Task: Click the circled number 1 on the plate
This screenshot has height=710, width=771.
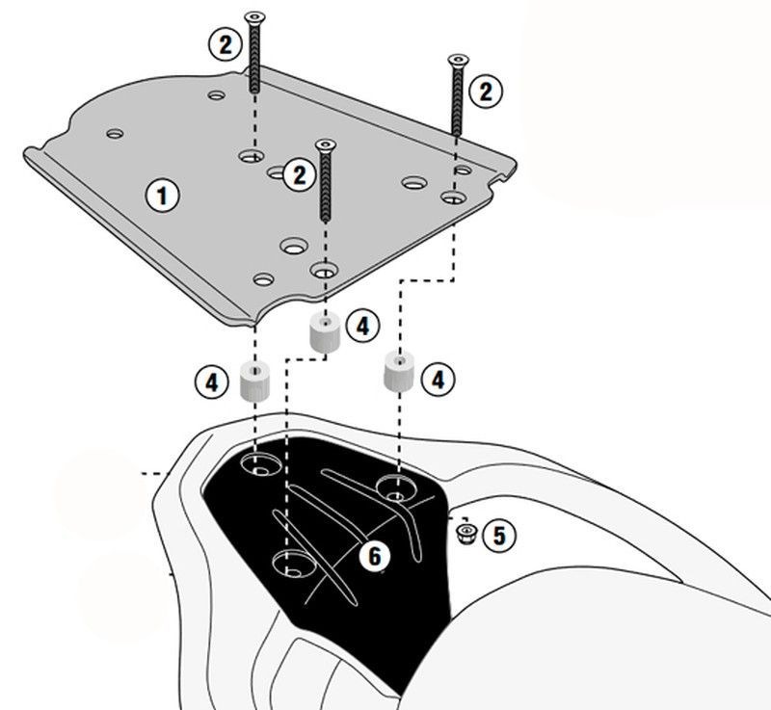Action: pyautogui.click(x=163, y=196)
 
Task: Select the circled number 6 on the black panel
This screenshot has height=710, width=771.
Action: pyautogui.click(x=376, y=555)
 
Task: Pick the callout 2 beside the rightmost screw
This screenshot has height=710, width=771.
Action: pyautogui.click(x=485, y=91)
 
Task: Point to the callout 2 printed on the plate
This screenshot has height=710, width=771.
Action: pyautogui.click(x=299, y=174)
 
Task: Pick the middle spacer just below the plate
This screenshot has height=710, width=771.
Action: pyautogui.click(x=324, y=333)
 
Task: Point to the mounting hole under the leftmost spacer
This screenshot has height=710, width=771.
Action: pyautogui.click(x=259, y=467)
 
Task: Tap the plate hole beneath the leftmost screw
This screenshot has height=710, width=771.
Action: pyautogui.click(x=253, y=154)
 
